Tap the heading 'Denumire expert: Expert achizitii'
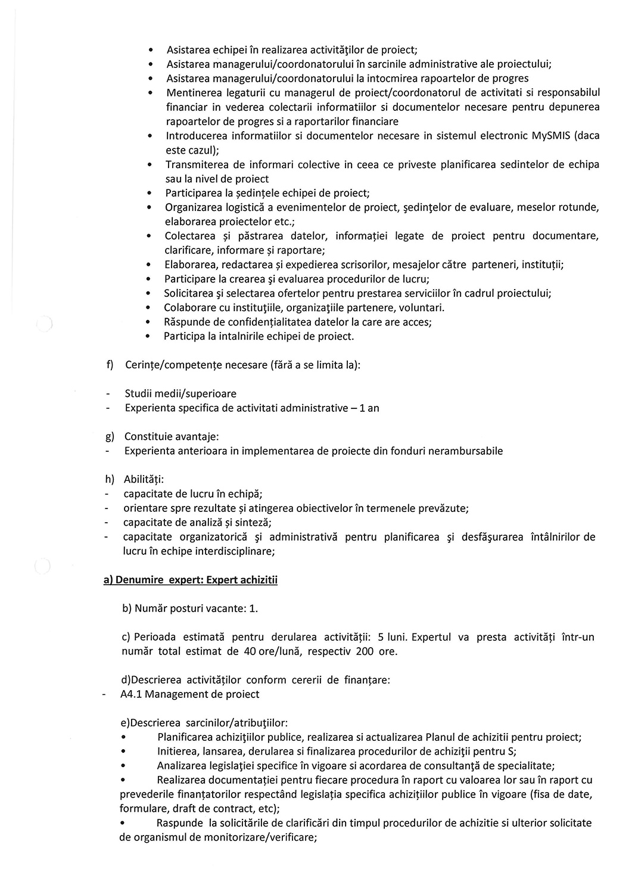pyautogui.click(x=191, y=580)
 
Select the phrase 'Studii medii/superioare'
pyautogui.click(x=180, y=394)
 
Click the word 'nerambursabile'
pyautogui.click(x=466, y=451)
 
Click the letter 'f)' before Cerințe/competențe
pyautogui.click(x=110, y=365)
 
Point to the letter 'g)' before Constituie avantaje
pyautogui.click(x=109, y=437)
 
